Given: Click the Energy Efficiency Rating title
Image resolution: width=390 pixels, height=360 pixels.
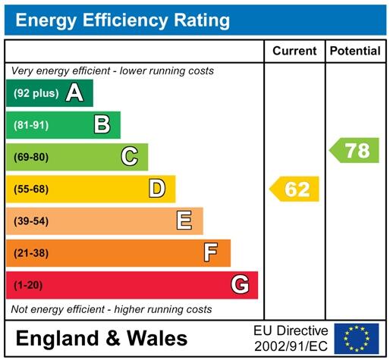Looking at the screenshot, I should [122, 20].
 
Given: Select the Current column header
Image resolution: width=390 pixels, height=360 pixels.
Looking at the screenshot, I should [294, 51].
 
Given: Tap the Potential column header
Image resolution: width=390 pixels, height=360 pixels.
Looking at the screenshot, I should [355, 51].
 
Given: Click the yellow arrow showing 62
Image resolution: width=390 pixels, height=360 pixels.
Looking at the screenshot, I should [295, 189].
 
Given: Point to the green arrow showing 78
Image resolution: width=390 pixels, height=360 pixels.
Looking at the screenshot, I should [355, 150].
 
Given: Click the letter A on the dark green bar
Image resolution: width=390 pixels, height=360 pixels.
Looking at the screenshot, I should [74, 93].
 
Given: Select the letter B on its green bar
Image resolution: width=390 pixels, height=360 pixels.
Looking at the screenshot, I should [102, 125].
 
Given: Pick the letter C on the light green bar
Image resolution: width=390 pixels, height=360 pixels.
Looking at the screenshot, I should [130, 157].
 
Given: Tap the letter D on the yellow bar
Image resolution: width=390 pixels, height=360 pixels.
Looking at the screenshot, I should [157, 189].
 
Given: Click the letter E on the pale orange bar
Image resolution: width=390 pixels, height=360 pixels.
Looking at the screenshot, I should [184, 221].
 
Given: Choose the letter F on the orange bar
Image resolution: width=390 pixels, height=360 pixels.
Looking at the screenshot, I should [212, 252].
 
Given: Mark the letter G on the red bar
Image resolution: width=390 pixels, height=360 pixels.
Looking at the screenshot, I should [240, 285].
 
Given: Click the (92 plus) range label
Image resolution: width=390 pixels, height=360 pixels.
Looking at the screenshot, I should [36, 93].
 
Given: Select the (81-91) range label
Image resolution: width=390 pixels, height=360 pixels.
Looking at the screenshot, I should [31, 125].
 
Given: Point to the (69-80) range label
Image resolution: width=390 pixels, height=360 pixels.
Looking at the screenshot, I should [31, 157].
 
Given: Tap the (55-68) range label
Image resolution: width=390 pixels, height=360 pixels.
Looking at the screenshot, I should [31, 189].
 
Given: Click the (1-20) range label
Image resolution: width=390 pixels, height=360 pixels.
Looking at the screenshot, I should [28, 285].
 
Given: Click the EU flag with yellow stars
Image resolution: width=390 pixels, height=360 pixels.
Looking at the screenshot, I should [357, 338].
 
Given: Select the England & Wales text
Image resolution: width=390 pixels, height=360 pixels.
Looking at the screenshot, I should [102, 338].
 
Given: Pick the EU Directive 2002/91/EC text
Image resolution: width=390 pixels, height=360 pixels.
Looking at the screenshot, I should [291, 338].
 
